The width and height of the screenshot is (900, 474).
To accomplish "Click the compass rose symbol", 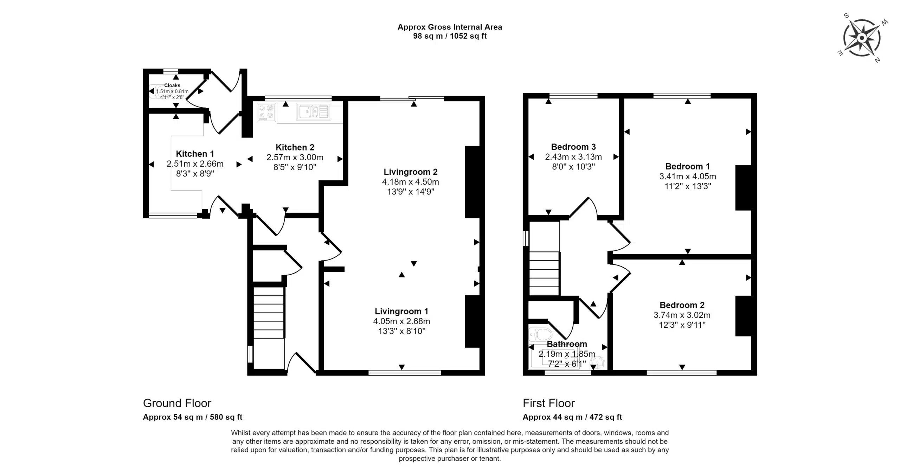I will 862,38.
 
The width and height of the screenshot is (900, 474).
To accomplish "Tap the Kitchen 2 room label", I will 295,147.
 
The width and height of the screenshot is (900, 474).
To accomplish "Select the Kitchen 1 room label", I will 195,154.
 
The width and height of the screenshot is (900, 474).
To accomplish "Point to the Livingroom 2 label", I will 410,172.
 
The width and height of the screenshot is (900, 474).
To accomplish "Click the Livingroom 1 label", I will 401,311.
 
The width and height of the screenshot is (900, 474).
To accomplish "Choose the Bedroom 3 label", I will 573,147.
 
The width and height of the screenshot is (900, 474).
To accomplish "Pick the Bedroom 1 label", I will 687,166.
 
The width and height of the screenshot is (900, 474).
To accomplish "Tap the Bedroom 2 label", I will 682,305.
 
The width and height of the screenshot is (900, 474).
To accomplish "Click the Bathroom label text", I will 567,344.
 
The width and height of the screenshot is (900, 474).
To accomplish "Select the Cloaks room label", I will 172,85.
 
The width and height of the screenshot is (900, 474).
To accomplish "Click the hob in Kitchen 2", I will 266,112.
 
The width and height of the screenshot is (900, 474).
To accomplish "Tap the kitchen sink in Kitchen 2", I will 313,112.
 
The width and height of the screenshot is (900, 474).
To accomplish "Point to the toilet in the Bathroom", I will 540,334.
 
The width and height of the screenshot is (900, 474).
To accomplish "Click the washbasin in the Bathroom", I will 597,362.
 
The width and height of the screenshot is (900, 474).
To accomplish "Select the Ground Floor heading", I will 177,403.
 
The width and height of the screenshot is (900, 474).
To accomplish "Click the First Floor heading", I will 548,403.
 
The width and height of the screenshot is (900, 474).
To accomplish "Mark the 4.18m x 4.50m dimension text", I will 410,182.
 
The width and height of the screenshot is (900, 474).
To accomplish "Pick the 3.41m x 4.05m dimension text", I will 687,176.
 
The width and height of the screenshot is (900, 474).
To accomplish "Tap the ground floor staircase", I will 269,313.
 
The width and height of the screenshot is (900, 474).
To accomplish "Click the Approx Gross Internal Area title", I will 450,27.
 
